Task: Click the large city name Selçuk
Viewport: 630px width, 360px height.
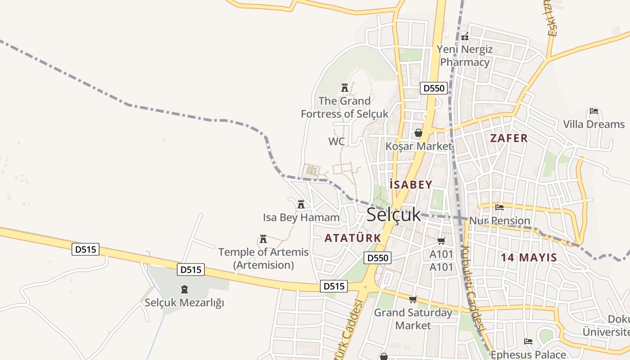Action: tap(394, 215)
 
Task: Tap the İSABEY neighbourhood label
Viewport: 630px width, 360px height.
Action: tap(411, 184)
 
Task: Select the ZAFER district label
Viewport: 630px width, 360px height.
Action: tap(508, 138)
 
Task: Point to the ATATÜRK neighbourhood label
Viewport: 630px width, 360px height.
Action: tap(353, 238)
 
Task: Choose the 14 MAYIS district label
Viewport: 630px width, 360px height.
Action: tap(529, 258)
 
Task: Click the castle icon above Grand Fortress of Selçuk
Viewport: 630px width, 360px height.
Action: tap(345, 87)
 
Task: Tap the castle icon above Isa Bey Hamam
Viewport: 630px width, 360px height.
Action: tap(301, 204)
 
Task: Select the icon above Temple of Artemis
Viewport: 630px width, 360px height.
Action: tap(263, 238)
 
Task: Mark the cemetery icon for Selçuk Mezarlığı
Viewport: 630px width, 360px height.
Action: tap(184, 289)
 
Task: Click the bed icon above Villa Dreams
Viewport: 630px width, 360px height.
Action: tap(594, 111)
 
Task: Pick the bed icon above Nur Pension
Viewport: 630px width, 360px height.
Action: tap(499, 207)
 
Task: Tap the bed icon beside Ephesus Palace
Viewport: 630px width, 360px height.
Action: tap(528, 342)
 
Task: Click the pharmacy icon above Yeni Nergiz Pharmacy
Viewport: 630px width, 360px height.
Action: tap(465, 36)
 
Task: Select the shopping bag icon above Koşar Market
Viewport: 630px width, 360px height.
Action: tap(418, 133)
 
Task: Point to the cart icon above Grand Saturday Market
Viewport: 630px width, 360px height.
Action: tap(413, 299)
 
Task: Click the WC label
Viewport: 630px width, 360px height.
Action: tap(336, 141)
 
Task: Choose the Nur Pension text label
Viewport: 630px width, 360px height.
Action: tap(499, 221)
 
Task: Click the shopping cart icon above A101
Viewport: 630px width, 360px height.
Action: tap(441, 241)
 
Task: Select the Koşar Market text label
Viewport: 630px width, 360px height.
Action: tap(418, 146)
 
